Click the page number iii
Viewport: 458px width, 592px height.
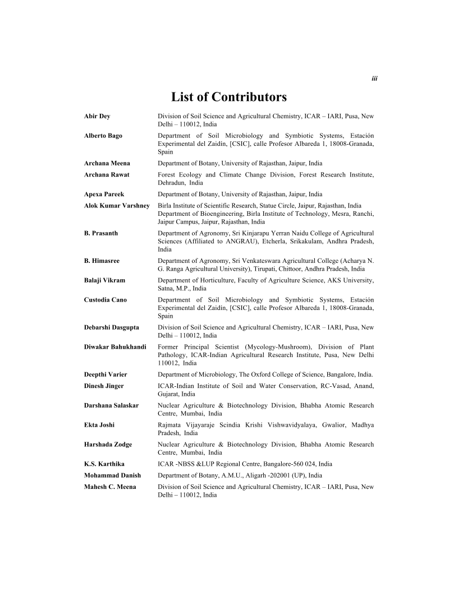pyautogui.click(x=374, y=79)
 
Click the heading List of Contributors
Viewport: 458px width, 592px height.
pyautogui.click(x=229, y=98)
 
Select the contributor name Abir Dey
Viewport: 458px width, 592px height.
pyautogui.click(x=97, y=116)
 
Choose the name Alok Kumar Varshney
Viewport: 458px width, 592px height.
pyautogui.click(x=117, y=205)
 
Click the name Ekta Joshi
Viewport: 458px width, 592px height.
pyautogui.click(x=99, y=425)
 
